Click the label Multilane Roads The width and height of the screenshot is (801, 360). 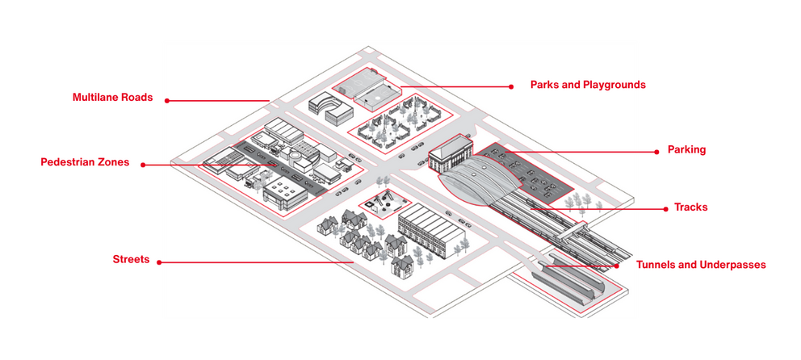click(112, 98)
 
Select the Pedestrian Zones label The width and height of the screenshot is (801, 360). click(85, 162)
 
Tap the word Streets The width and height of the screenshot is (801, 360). click(131, 259)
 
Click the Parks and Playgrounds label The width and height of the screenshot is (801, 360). click(588, 84)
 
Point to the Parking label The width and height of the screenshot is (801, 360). click(686, 149)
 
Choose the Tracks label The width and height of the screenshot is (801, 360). click(690, 207)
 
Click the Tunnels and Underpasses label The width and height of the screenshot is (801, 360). click(701, 264)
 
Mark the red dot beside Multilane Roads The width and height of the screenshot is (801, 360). click(167, 100)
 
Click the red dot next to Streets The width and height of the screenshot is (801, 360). click(159, 262)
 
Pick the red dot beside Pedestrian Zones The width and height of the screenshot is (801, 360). click(142, 165)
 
